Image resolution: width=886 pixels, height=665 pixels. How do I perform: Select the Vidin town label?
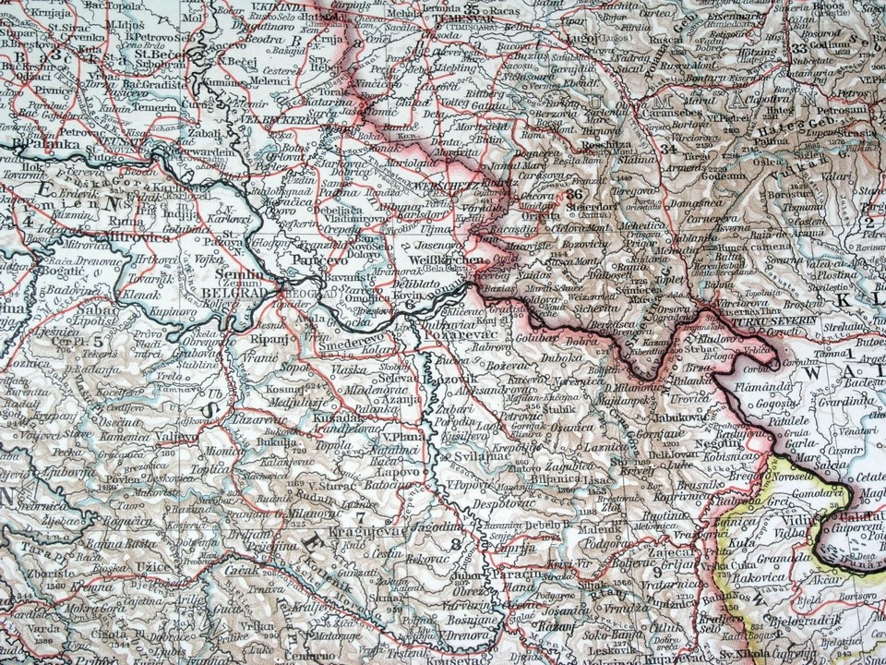click(794, 522)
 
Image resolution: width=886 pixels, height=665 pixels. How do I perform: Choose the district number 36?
click(577, 195)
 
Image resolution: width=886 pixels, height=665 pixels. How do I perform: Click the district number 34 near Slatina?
click(668, 148)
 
